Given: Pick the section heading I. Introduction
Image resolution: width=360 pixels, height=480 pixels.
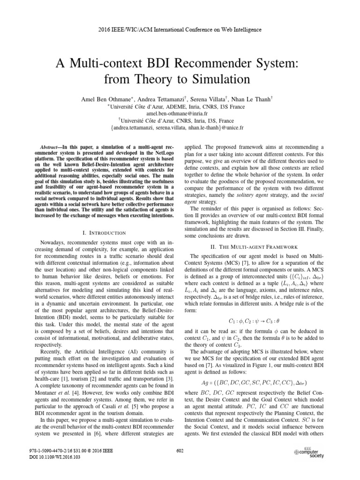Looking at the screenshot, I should (104, 232).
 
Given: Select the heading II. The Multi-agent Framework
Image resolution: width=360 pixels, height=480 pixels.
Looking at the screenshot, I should (252, 247).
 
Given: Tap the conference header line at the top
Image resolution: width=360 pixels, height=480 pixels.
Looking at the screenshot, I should (180, 30).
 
